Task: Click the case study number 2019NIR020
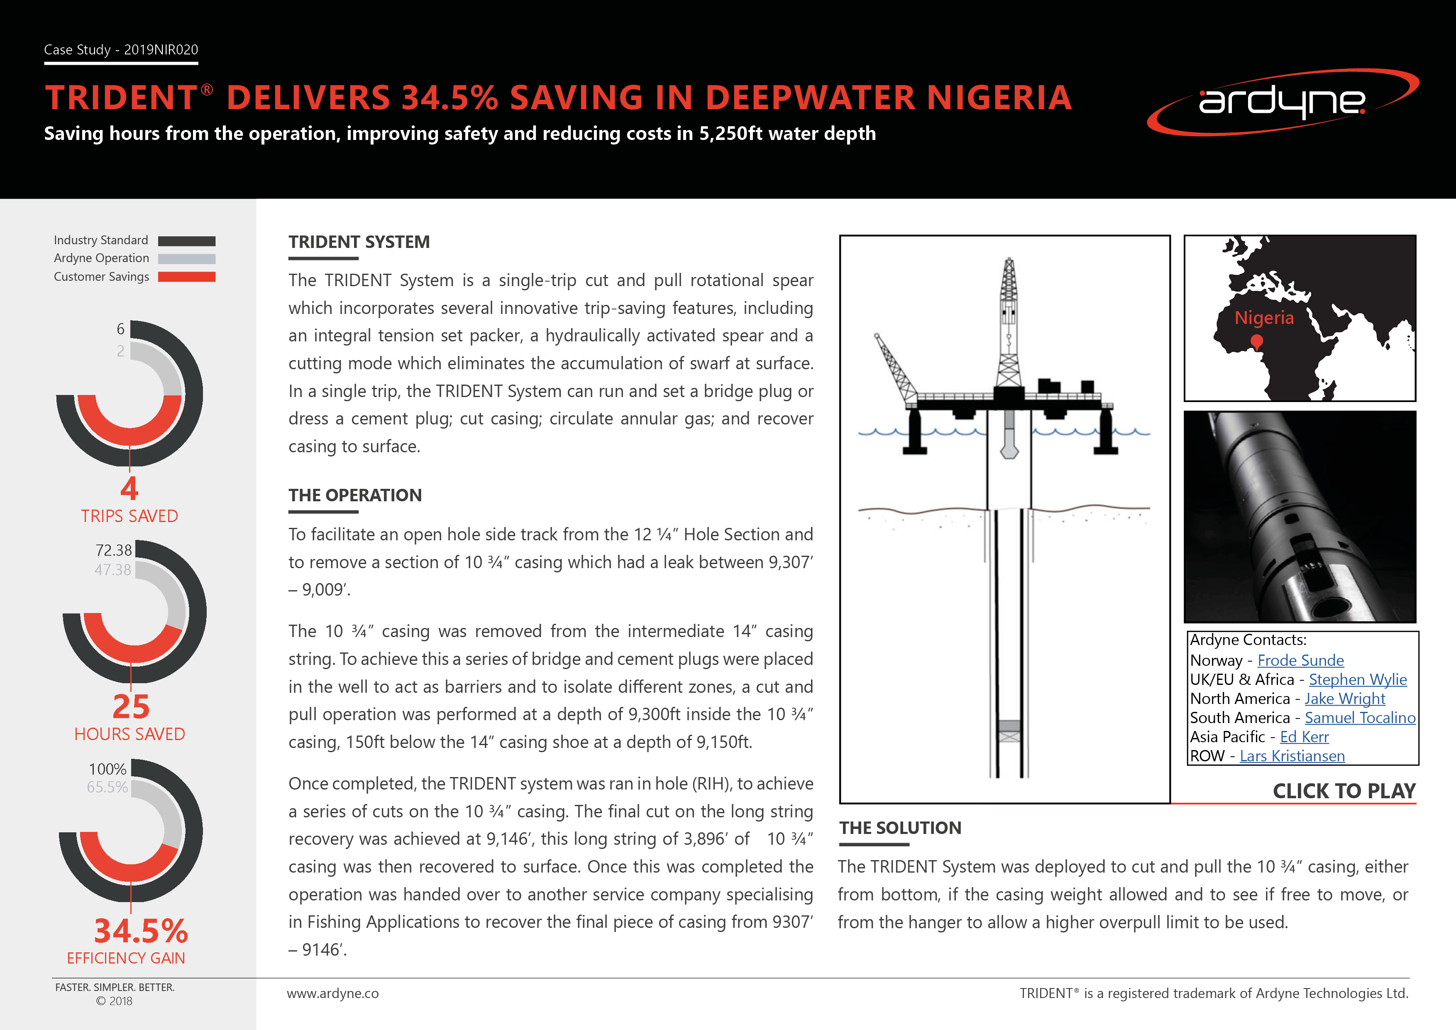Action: point(161,49)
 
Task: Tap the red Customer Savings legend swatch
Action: point(186,277)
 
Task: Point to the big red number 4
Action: point(129,488)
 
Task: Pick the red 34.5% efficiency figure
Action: point(141,931)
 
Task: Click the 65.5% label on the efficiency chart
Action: point(107,787)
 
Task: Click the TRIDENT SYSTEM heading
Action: point(359,242)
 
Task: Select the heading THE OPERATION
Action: point(355,495)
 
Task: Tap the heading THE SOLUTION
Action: point(900,828)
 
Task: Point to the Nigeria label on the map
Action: point(1264,317)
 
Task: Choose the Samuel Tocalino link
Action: point(1360,718)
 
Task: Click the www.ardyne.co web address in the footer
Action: point(332,993)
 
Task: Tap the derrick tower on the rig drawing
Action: point(1008,317)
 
